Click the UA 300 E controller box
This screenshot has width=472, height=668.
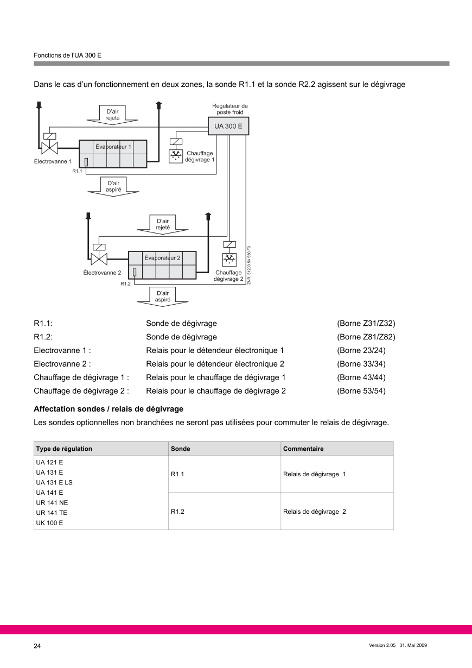[228, 126]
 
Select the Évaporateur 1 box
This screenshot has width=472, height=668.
[113, 154]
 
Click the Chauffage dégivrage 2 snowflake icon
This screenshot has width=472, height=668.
[228, 260]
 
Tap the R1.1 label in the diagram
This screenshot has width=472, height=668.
[76, 171]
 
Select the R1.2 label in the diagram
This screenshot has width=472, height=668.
[125, 283]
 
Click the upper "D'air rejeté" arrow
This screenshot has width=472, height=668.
[112, 114]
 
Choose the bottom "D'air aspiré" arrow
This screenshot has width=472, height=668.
[163, 296]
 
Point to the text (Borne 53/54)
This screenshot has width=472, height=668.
[361, 391]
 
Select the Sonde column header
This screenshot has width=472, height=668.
[180, 449]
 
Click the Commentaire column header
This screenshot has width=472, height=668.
[303, 449]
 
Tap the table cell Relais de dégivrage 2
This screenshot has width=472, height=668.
[314, 512]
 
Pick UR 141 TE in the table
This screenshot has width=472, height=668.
[52, 513]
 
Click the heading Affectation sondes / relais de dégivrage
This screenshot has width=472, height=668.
[109, 409]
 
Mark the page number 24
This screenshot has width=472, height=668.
[37, 646]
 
